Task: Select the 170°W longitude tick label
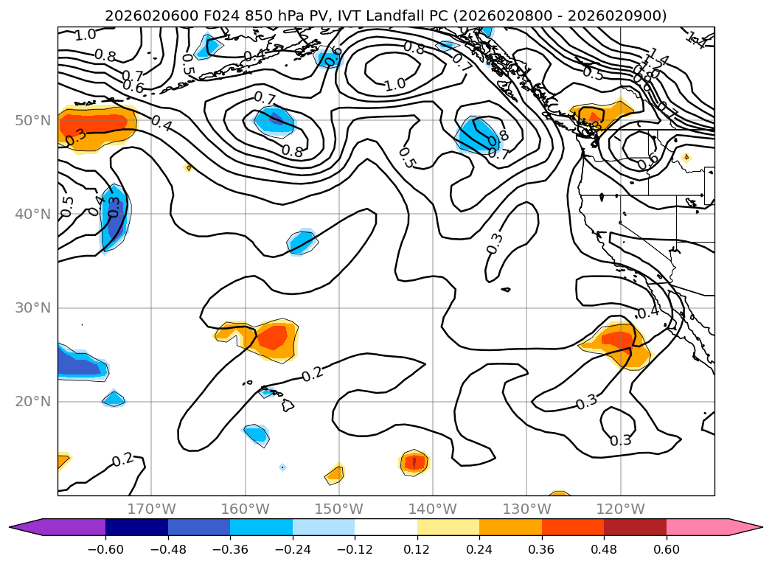[151, 509]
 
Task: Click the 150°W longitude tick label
[339, 509]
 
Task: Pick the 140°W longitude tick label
[433, 509]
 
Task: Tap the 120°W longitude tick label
[621, 509]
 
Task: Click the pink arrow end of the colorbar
[745, 526]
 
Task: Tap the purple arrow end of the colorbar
[25, 526]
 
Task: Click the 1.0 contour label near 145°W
[394, 84]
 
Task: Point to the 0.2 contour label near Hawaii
[313, 374]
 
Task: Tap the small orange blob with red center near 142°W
[414, 462]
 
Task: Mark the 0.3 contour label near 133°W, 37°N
[495, 243]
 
